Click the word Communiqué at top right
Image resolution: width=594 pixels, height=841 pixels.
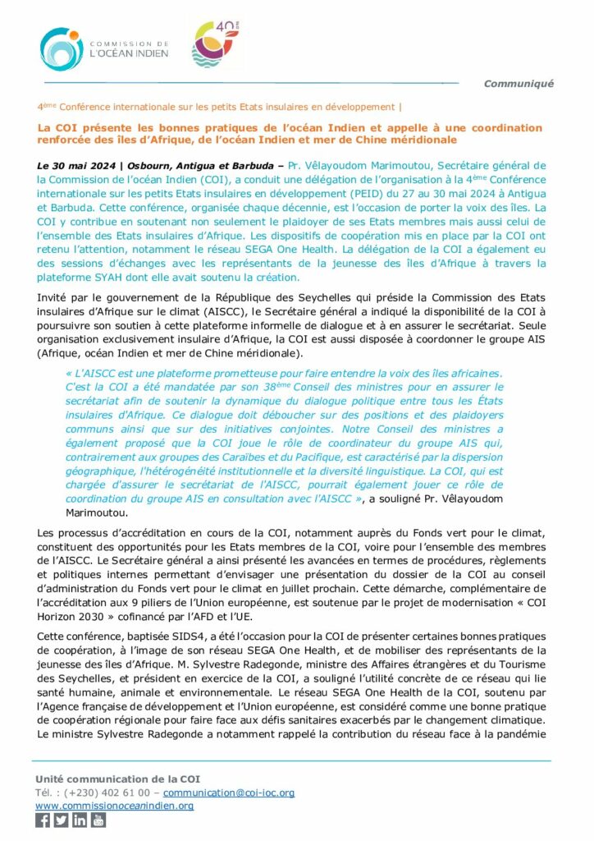(519, 83)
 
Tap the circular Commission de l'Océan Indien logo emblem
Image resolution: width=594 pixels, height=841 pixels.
(59, 49)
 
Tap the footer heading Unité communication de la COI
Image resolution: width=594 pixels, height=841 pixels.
(117, 779)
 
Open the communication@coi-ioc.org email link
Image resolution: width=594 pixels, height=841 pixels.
(229, 793)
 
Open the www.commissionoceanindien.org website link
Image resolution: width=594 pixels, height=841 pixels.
(114, 806)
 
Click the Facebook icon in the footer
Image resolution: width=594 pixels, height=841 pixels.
(43, 820)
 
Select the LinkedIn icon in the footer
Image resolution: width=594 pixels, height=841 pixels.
(80, 820)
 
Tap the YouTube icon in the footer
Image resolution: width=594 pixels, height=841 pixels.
(98, 820)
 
